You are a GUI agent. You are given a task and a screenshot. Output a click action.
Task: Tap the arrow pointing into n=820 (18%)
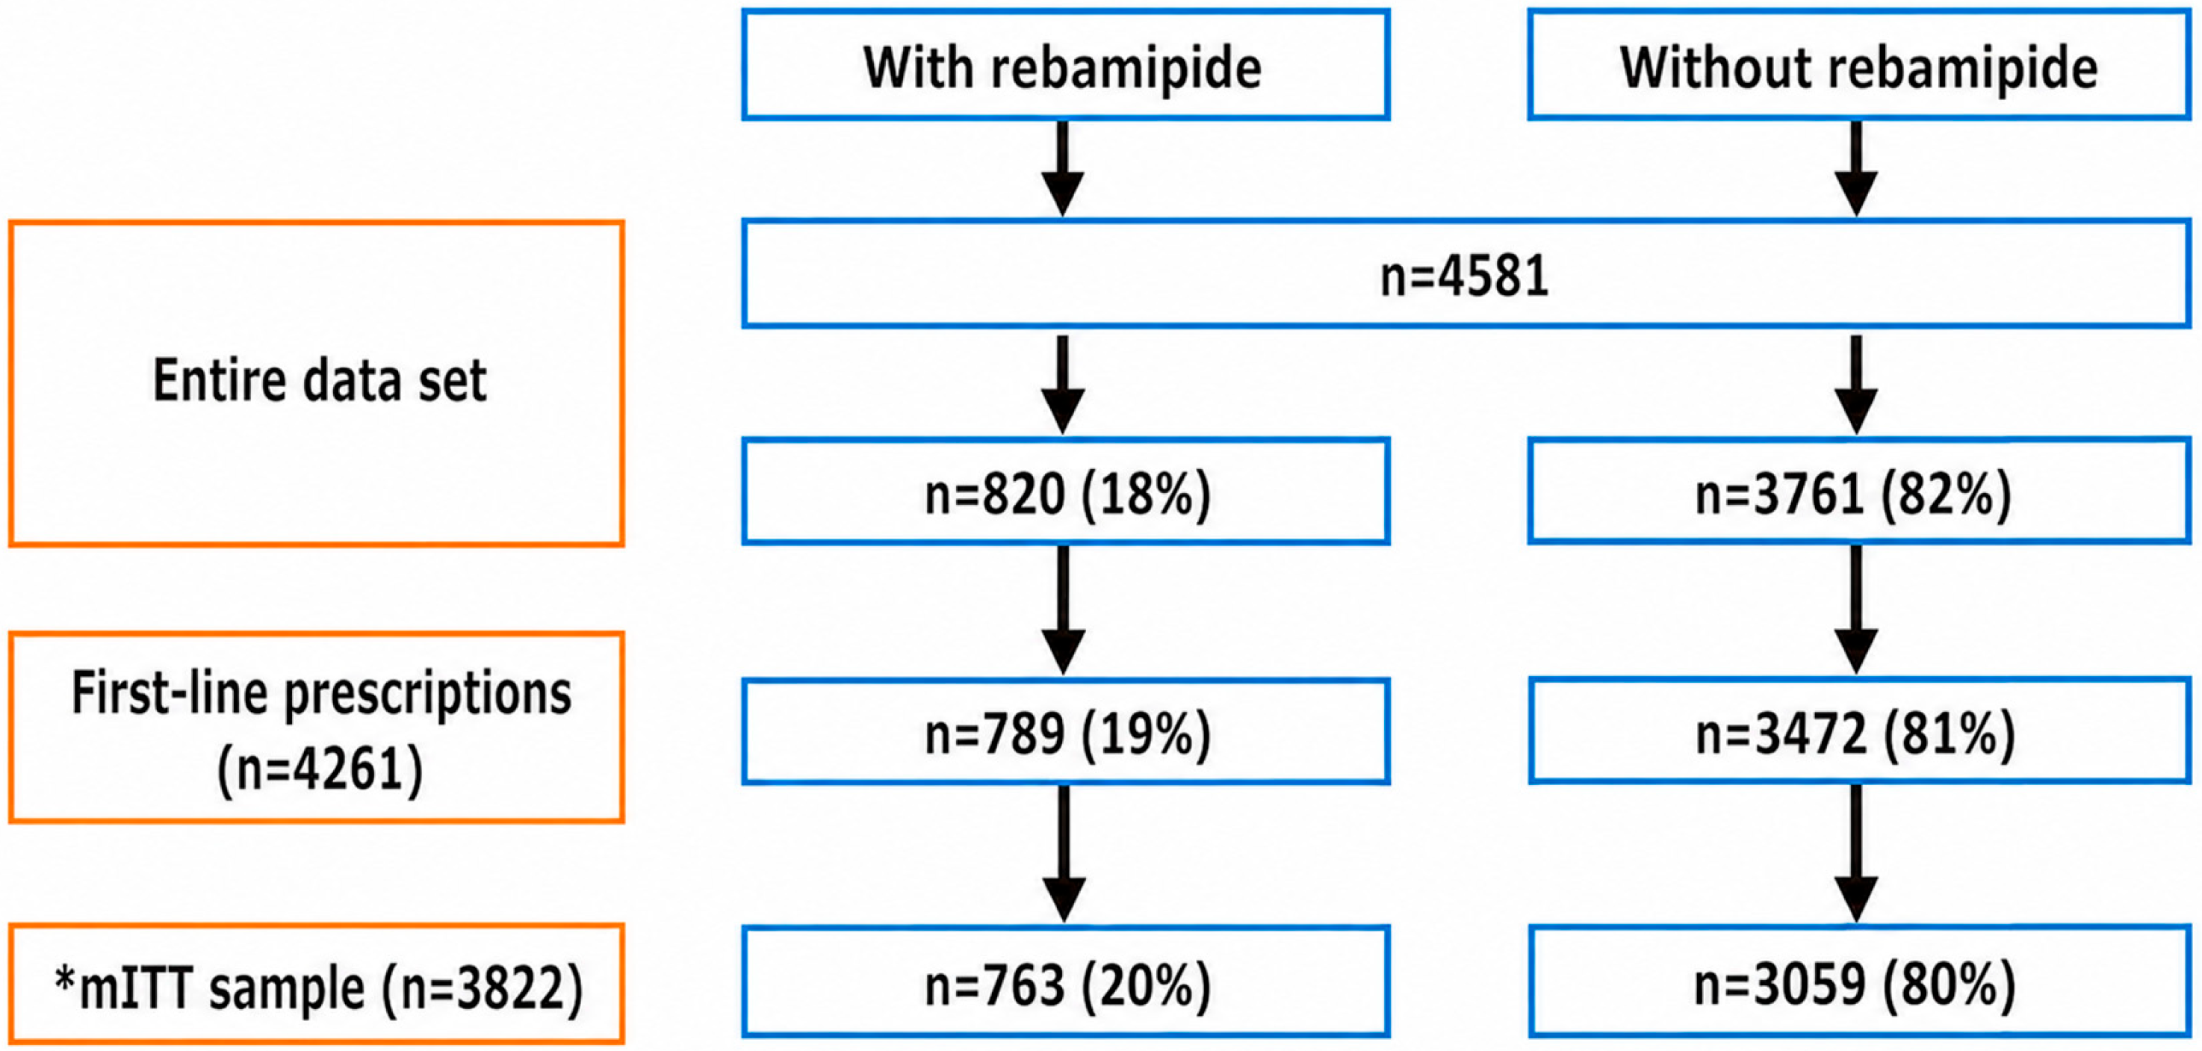point(1064,385)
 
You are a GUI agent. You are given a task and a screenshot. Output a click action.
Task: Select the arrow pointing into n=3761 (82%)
point(1856,385)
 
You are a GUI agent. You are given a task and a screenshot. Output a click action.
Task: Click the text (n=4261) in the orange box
point(320,769)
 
